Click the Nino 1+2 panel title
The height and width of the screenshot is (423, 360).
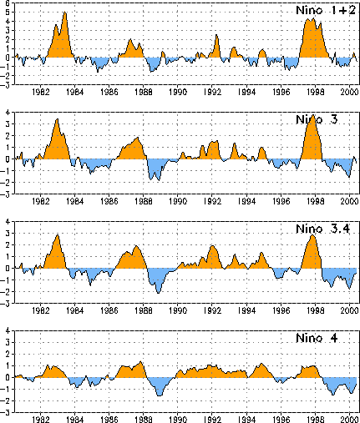click(326, 10)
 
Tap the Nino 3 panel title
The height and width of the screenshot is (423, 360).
click(317, 119)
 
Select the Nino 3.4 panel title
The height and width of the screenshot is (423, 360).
click(322, 229)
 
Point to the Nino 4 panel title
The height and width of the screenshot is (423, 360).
click(317, 338)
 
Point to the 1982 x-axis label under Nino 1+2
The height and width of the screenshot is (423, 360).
click(41, 92)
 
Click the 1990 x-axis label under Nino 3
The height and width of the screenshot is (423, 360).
click(178, 201)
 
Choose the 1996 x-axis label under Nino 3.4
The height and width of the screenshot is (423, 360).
click(281, 310)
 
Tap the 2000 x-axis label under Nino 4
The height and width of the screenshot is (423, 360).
click(349, 420)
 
